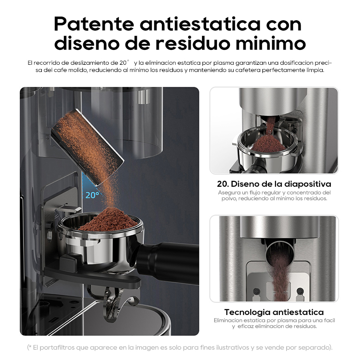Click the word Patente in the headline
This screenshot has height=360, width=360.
coord(94,24)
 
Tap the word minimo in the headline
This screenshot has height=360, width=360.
coord(271,43)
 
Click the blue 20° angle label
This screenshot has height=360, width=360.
coord(92,195)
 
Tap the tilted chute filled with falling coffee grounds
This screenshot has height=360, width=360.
coord(87,147)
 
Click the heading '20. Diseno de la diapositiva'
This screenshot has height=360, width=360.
coord(274,184)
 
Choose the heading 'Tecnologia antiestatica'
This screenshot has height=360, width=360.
coord(274,312)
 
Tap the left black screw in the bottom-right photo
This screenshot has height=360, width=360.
coord(256,291)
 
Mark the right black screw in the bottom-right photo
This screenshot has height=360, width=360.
coord(300,291)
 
